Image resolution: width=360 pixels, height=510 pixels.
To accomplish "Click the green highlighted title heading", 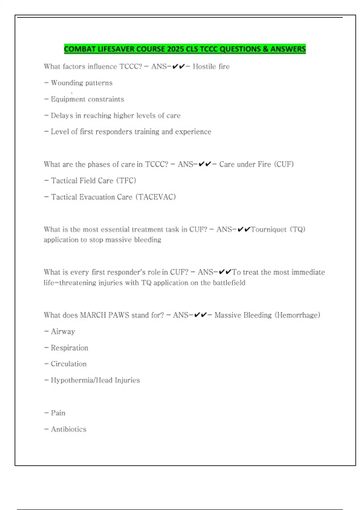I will [185, 49].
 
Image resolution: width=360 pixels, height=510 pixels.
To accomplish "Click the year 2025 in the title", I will [175, 49].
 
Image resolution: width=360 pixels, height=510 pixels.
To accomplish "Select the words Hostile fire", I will [211, 66].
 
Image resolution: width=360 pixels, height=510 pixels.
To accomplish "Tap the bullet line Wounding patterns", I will [81, 83].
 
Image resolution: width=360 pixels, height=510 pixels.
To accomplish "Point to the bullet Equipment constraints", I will [87, 99].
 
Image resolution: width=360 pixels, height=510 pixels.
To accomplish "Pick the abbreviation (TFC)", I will [126, 181].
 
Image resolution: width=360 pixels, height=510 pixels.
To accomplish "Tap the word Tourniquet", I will [268, 229].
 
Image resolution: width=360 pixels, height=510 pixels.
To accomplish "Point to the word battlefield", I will [229, 283].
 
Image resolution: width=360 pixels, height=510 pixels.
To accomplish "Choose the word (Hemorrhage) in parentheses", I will [297, 315].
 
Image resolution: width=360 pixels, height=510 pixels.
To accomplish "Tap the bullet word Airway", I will [63, 331].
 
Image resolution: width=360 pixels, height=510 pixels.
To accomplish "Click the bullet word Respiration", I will [69, 348].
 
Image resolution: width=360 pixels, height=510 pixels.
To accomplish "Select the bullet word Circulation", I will [68, 364].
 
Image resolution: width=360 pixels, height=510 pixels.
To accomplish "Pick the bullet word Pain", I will [58, 413].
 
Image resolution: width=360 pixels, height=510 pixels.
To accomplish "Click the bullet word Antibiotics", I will [68, 429].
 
